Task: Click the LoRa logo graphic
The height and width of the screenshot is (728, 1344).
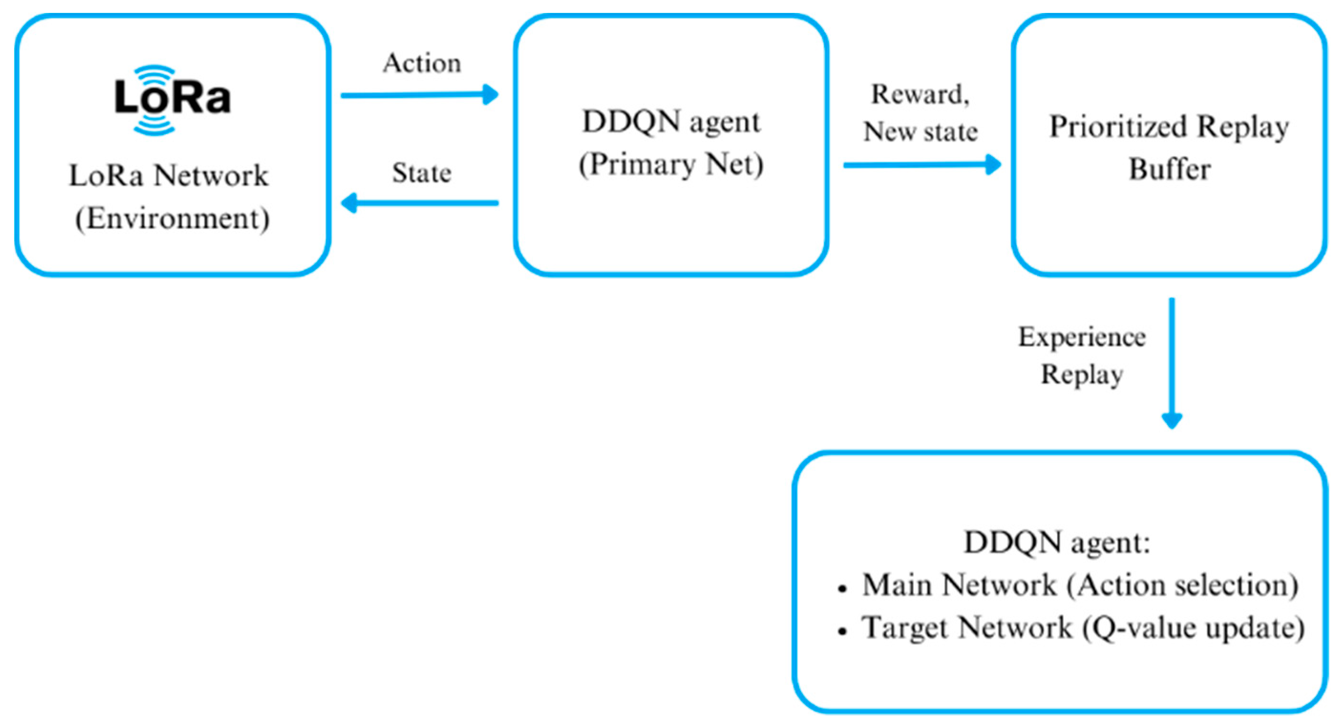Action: pos(172,99)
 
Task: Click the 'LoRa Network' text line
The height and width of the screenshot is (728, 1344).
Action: pos(169,175)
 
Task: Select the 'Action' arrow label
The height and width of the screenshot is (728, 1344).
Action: pos(422,64)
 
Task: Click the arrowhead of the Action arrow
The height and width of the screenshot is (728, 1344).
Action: pos(490,95)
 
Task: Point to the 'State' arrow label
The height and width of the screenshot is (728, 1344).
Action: pos(422,173)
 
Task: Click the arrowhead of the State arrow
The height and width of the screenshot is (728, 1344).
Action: pos(349,203)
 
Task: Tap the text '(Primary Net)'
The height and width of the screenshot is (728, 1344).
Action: pos(671,165)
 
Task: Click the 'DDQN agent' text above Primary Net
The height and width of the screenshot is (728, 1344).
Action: pos(671,122)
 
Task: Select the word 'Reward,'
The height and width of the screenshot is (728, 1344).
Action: pos(921,95)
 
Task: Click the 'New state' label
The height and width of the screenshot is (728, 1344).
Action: pos(921,131)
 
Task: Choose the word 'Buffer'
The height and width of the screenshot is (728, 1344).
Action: pos(1169,170)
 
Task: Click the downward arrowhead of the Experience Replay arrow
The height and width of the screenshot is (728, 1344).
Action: pos(1172,421)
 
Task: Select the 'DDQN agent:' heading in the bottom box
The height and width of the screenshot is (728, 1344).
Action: pos(1057,543)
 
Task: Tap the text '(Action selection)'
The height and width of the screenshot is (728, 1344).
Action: pos(1182,586)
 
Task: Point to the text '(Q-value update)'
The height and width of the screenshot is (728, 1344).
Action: pos(1193,628)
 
